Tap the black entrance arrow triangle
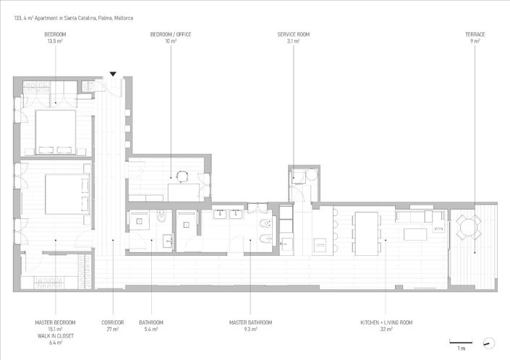[113, 74]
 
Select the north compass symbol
[489, 342]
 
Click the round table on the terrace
[468, 229]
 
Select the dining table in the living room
[366, 233]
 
